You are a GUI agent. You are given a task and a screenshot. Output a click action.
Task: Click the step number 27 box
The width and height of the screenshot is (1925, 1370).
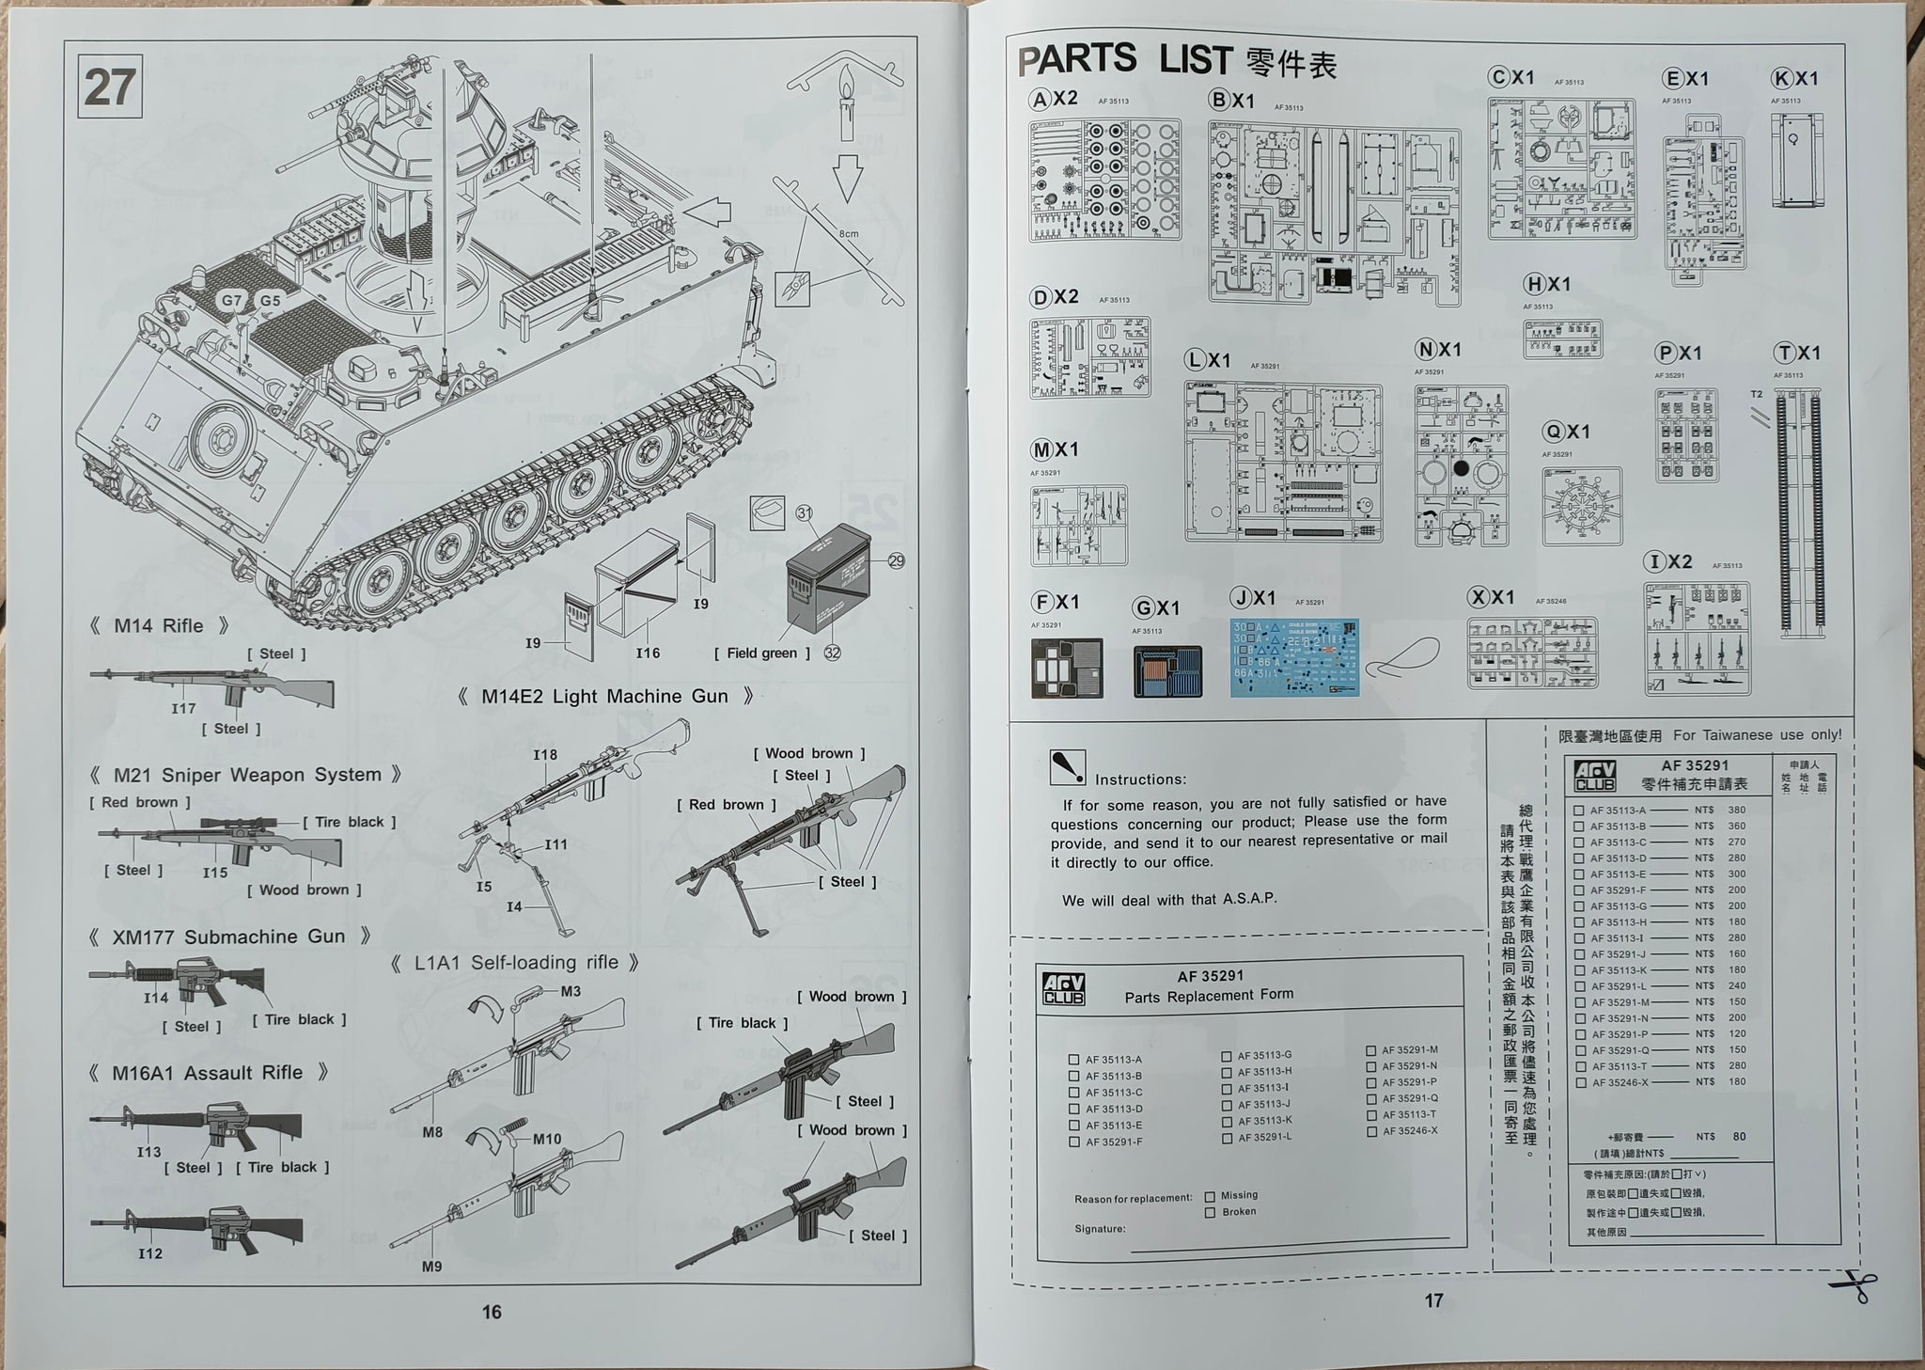(x=110, y=87)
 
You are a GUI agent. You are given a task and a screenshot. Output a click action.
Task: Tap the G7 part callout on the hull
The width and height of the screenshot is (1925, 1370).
(x=231, y=301)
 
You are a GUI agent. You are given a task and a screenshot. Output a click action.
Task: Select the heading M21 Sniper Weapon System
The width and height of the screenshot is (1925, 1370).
(x=246, y=775)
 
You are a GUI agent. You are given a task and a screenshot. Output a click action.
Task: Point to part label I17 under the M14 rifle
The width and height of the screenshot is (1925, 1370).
(x=183, y=708)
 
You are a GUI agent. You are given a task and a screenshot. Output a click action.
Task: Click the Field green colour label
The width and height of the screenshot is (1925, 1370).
(x=761, y=653)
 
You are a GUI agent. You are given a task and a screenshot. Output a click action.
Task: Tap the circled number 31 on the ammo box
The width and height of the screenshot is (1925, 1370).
(x=805, y=512)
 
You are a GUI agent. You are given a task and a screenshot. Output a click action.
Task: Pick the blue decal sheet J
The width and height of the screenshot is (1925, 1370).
(x=1294, y=658)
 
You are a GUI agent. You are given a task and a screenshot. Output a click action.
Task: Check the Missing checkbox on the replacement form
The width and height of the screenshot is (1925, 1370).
(x=1211, y=1196)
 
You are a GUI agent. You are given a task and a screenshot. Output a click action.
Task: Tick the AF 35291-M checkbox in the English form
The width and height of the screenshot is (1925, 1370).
(x=1371, y=1050)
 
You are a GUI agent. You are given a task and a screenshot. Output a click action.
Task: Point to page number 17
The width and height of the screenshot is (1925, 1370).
(x=1433, y=1300)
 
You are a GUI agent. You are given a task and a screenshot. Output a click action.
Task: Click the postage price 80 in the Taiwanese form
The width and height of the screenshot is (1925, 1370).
(x=1739, y=1136)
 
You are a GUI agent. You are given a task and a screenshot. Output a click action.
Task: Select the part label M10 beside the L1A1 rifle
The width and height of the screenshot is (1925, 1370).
(x=547, y=1139)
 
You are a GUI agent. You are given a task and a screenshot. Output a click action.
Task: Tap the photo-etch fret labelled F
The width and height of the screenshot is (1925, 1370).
(x=1067, y=669)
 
